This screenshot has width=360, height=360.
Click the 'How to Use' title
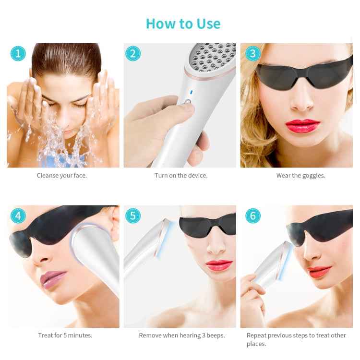pos(183,24)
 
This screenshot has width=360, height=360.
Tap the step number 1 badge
pos(18,53)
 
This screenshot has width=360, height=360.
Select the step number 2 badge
pos(133,53)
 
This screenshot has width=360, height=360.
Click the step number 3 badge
pos(252,53)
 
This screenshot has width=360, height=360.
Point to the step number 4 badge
pos(18,216)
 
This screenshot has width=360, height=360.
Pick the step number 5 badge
pos(133,216)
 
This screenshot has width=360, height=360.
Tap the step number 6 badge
pos(252,216)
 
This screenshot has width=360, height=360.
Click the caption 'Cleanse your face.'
pos(62,176)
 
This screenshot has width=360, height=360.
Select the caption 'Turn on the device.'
pos(181,176)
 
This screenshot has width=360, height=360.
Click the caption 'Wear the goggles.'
pos(300,176)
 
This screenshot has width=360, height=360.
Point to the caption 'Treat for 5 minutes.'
pos(65,336)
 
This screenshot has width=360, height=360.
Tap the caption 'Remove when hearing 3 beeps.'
pos(182,336)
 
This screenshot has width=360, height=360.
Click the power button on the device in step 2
pos(188,102)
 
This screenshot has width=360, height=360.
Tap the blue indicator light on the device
pos(191,92)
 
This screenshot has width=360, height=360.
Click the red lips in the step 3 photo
pos(302,126)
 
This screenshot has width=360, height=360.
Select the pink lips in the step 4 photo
pos(53,278)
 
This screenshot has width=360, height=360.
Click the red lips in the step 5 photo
pos(218,265)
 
